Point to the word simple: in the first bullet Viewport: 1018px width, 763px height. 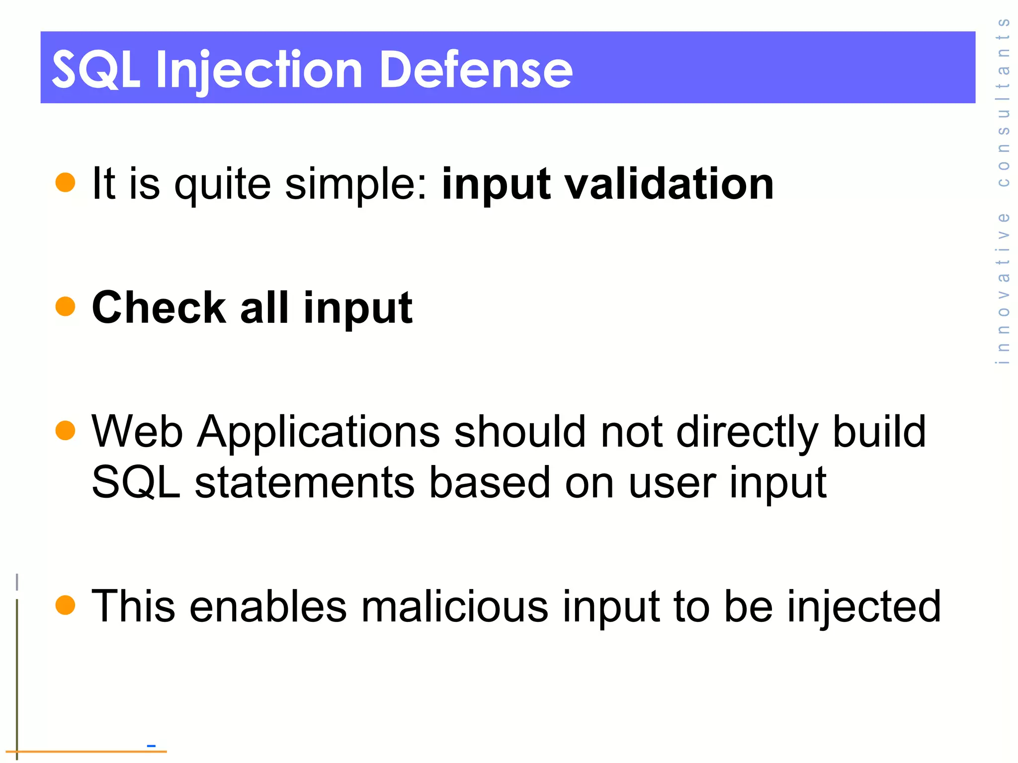point(356,185)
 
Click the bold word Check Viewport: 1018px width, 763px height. point(159,307)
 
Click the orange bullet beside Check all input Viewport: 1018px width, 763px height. point(65,306)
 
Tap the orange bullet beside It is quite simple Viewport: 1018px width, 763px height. point(65,182)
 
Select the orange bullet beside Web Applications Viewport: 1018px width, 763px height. point(65,431)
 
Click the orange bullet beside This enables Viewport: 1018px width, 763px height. point(65,605)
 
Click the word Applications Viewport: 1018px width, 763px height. point(318,432)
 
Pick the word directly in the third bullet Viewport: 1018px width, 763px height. point(747,432)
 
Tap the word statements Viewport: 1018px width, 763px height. point(304,482)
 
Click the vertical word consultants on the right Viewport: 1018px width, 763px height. point(1004,102)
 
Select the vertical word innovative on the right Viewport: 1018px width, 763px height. point(1004,289)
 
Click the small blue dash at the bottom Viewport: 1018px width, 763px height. point(152,746)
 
